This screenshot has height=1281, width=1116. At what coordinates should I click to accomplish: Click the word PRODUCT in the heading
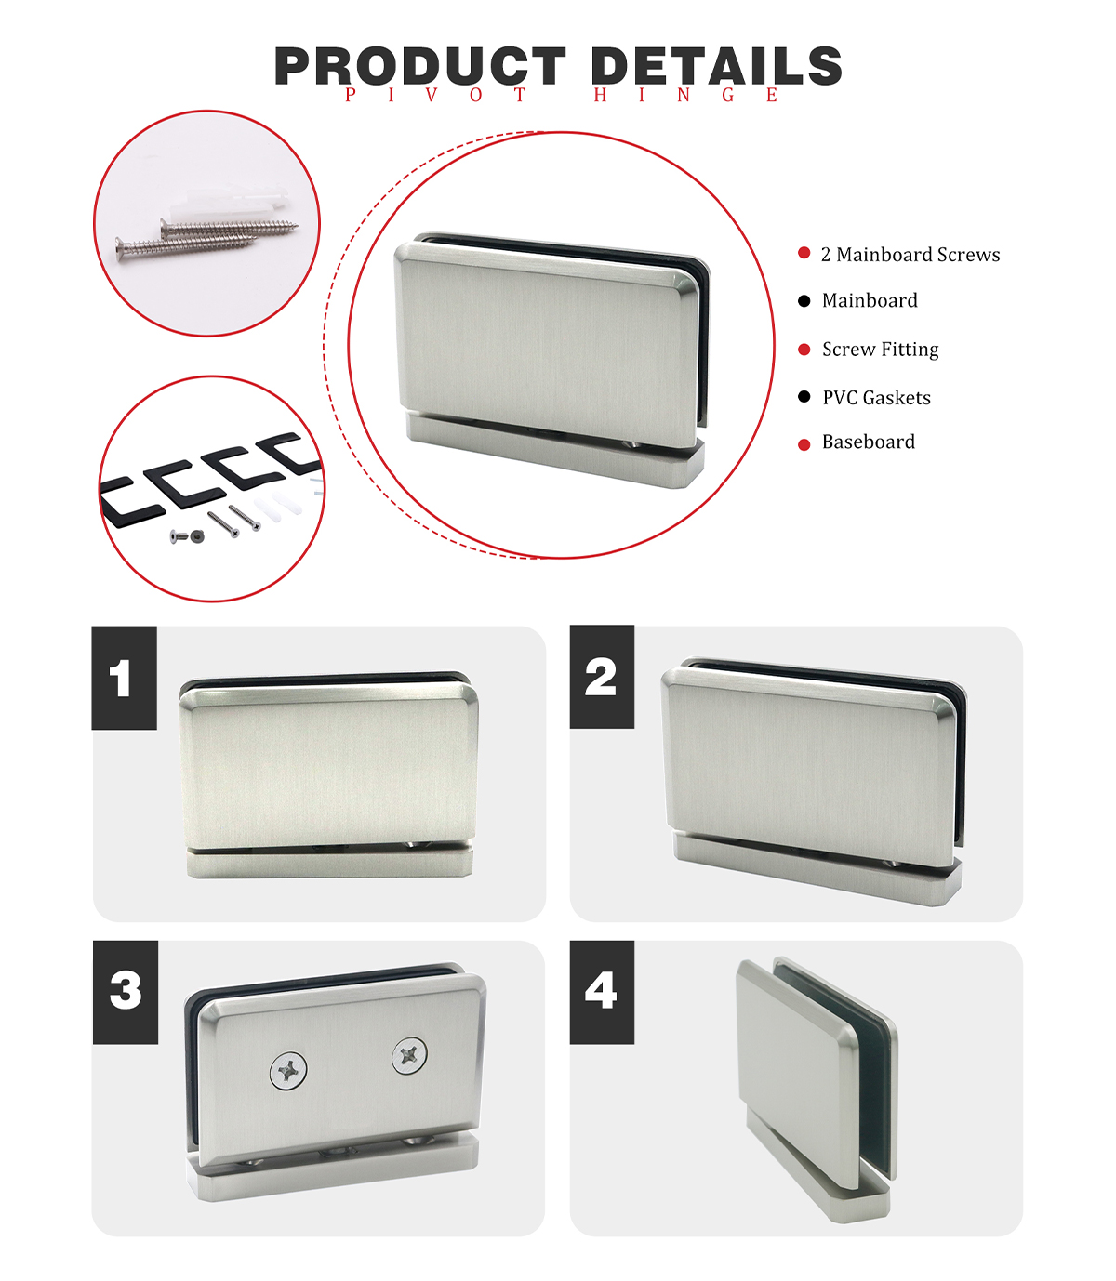(420, 66)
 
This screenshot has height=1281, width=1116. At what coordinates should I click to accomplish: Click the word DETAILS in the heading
(716, 66)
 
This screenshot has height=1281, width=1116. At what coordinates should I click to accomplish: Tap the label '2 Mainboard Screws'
(910, 255)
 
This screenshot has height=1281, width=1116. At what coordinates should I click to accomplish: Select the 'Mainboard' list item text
(870, 300)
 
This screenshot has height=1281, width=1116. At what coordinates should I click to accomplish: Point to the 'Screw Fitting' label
(881, 350)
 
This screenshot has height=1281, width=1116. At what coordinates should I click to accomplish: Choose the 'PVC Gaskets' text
(877, 398)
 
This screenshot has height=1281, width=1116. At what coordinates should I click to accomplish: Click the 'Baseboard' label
(869, 442)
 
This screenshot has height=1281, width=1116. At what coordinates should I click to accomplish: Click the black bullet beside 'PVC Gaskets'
(804, 397)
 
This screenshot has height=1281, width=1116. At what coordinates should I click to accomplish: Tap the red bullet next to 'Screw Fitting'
(804, 350)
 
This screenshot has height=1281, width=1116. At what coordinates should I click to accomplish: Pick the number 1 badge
(124, 678)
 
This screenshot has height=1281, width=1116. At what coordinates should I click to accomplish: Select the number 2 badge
(602, 677)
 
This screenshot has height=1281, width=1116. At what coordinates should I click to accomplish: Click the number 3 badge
(126, 992)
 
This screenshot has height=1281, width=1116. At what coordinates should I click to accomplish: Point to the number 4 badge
(602, 992)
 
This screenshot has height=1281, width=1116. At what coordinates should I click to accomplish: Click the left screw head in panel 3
(288, 1071)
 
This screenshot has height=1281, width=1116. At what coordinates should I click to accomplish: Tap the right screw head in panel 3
(409, 1056)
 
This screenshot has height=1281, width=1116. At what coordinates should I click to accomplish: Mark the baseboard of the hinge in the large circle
(555, 451)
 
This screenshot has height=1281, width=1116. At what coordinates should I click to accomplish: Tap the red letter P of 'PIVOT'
(351, 95)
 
